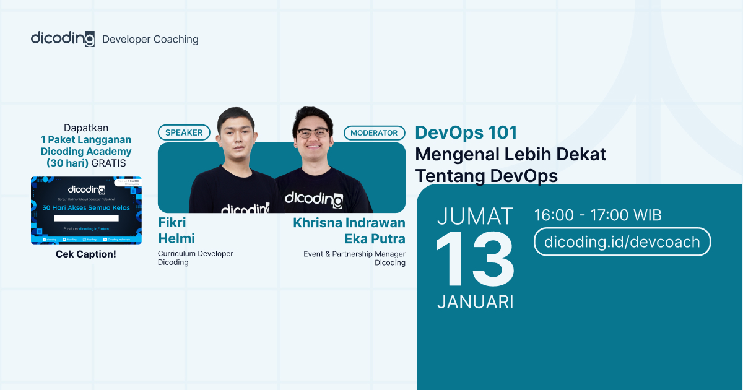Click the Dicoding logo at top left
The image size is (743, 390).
pos(63,38)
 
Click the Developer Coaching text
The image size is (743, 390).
pos(150,40)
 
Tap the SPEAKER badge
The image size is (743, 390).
pos(184,132)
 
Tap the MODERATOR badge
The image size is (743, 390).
pos(374,132)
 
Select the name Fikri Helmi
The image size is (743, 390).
pos(176,230)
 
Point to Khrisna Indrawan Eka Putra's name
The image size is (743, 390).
pos(349,230)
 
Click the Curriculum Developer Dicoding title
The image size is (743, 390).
pos(195,258)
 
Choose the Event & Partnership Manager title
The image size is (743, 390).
pos(354,258)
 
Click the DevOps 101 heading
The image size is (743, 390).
pos(466,132)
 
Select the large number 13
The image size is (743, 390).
pos(475,261)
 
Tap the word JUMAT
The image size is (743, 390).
pos(475,216)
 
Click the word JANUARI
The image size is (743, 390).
pos(475,301)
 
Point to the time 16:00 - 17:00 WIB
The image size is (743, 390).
pos(597,215)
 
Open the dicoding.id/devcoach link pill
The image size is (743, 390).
pos(622,242)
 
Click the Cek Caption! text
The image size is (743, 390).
pos(86,254)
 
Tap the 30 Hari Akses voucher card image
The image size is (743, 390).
pos(86,210)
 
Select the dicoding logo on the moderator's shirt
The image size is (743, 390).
pos(313,199)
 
